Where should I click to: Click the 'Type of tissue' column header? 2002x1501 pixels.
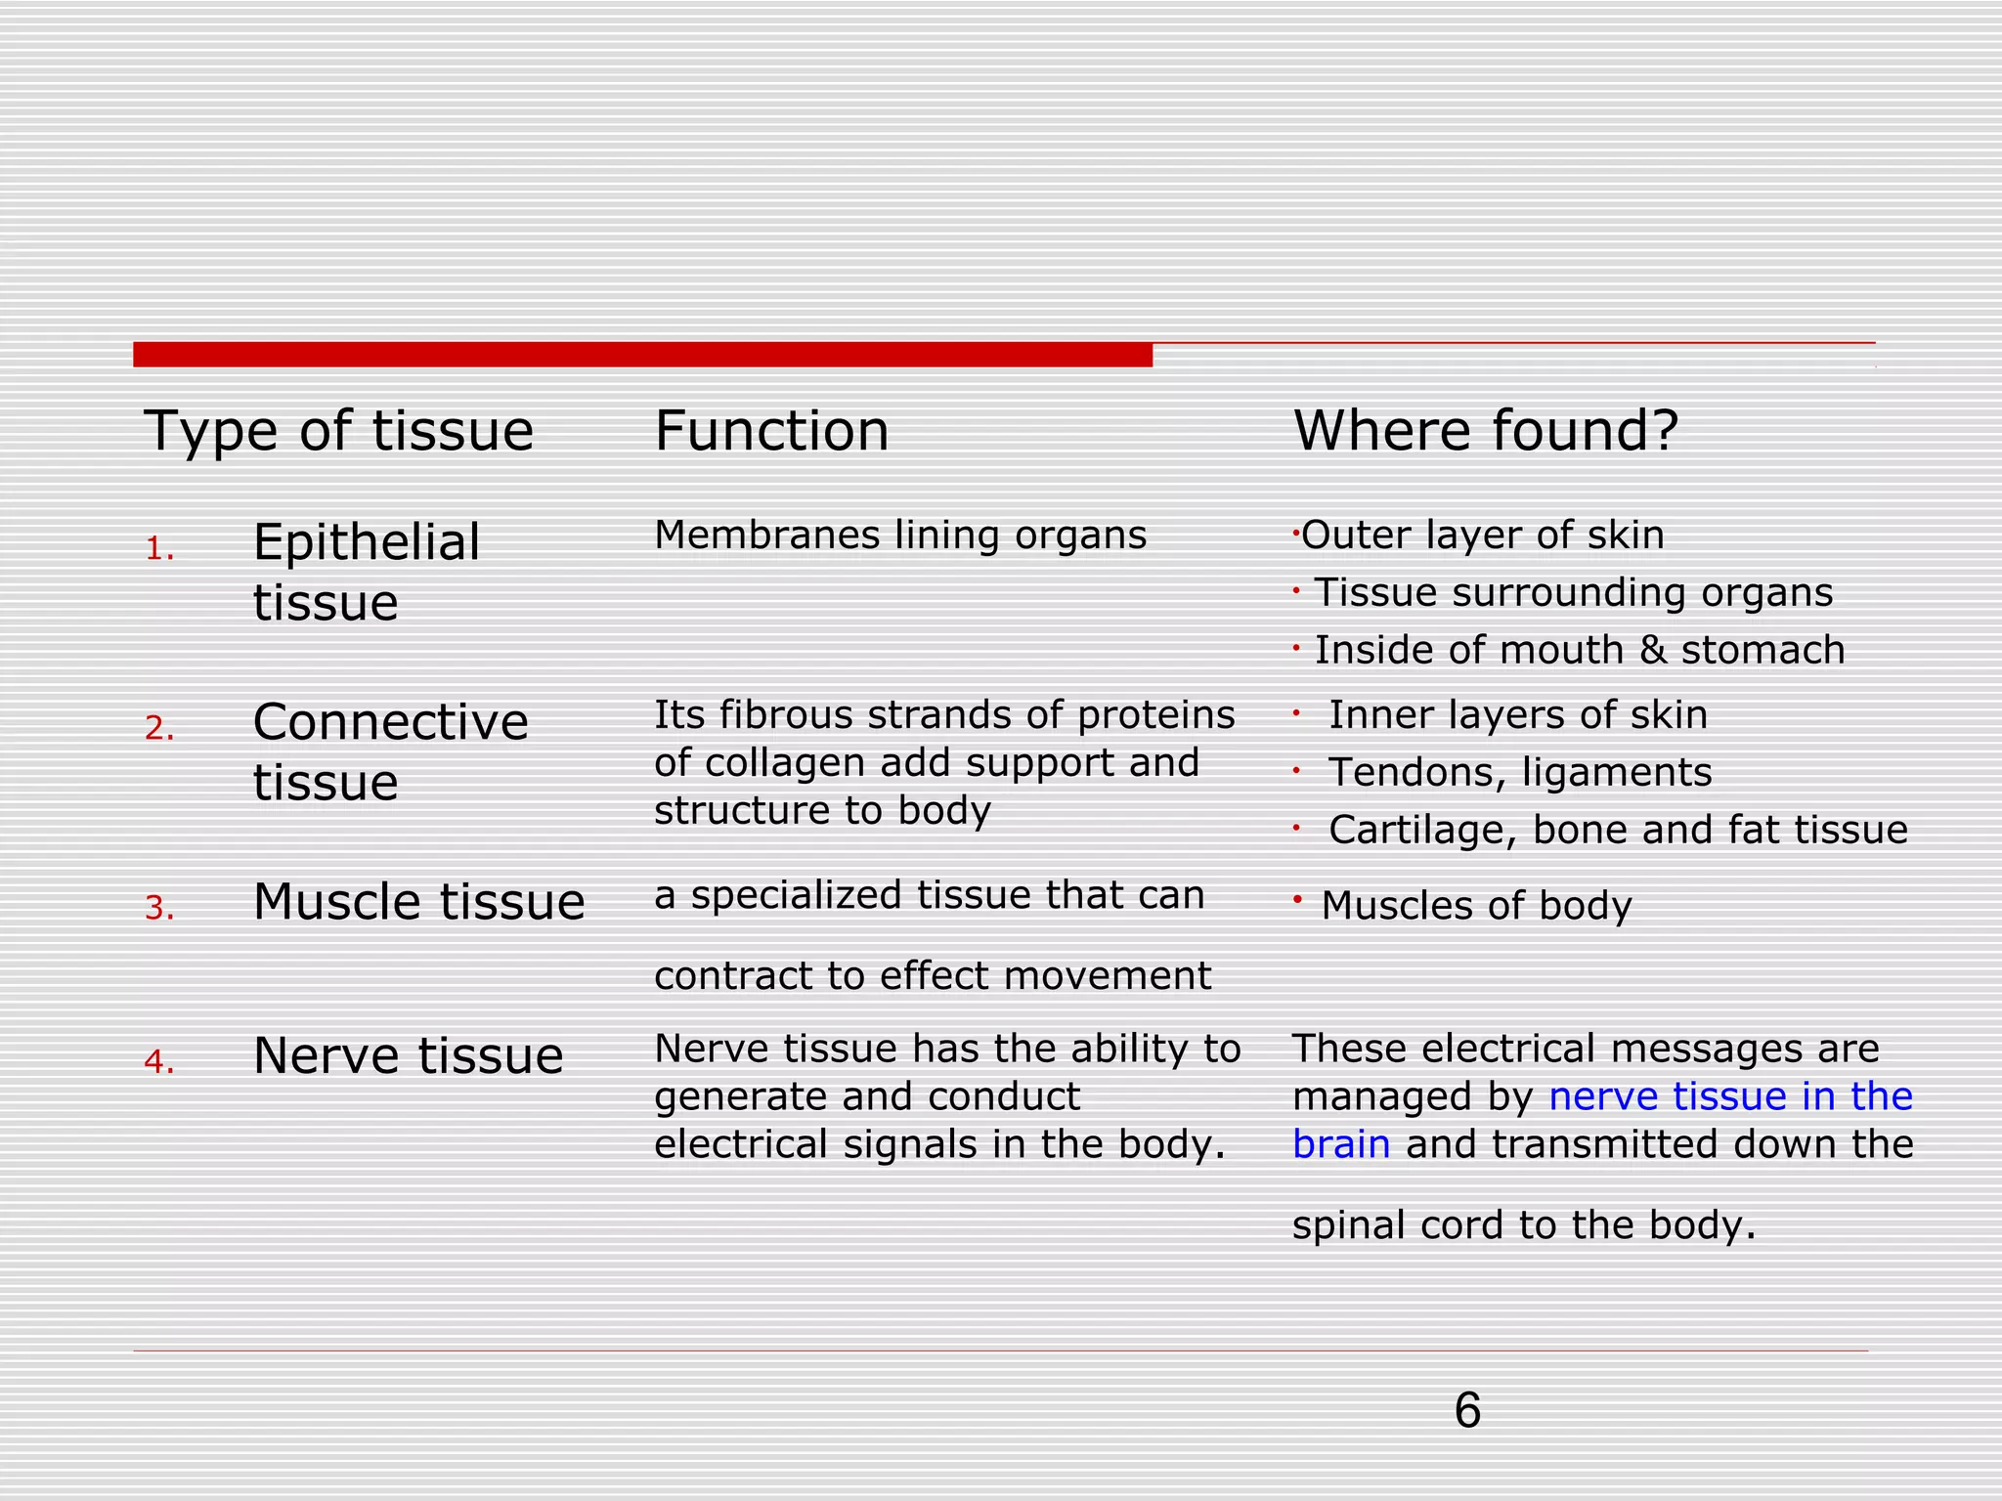338,431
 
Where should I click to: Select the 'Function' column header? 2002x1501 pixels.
771,431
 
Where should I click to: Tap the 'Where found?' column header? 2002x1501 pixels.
1485,431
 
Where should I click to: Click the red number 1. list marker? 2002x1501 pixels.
159,549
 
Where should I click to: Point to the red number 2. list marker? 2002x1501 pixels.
159,728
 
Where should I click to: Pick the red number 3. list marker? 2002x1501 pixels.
159,909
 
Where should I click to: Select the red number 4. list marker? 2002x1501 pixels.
159,1061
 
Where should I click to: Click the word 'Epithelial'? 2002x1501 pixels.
367,542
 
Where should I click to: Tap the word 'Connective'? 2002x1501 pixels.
390,722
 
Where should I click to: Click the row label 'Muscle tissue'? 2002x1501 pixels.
418,901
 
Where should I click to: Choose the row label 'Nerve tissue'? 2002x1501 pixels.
408,1055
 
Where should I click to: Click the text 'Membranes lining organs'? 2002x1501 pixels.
899,536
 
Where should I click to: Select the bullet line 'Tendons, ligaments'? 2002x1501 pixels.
1519,773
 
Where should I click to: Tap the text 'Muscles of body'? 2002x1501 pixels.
1476,906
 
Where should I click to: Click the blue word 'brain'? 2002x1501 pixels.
1340,1144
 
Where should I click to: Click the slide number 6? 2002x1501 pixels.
1467,1411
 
